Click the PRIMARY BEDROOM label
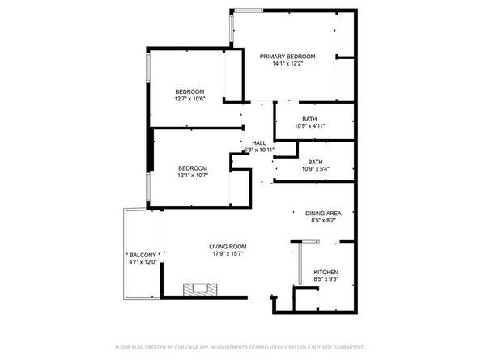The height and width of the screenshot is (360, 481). [x=287, y=57]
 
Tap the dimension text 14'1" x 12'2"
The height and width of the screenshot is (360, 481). [x=287, y=64]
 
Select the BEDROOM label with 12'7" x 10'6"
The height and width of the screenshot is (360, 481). [x=189, y=91]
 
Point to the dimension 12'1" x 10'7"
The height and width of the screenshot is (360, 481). [x=192, y=176]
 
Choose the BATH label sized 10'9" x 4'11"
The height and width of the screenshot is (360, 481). [x=309, y=119]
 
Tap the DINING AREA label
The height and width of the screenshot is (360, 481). [x=323, y=213]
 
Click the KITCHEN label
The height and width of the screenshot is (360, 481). [x=326, y=272]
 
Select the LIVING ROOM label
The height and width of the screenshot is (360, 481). [x=228, y=247]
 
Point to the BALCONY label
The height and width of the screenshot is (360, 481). [x=142, y=255]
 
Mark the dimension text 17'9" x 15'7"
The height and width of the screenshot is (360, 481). [x=228, y=254]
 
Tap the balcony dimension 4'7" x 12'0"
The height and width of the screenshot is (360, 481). [x=142, y=262]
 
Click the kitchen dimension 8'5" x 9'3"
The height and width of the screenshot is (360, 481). [x=326, y=279]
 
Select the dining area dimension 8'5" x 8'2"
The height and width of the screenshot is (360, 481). [x=323, y=220]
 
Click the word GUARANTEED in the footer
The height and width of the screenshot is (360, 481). [x=346, y=347]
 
